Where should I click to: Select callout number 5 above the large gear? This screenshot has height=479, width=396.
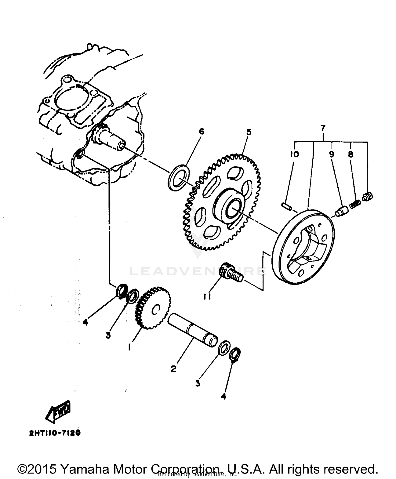[x=249, y=132]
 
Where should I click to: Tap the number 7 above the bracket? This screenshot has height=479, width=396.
[x=323, y=128]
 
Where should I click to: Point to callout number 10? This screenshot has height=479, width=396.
[x=295, y=154]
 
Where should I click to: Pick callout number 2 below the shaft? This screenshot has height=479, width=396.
[x=173, y=369]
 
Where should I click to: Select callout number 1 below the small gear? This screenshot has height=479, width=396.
[x=129, y=347]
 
